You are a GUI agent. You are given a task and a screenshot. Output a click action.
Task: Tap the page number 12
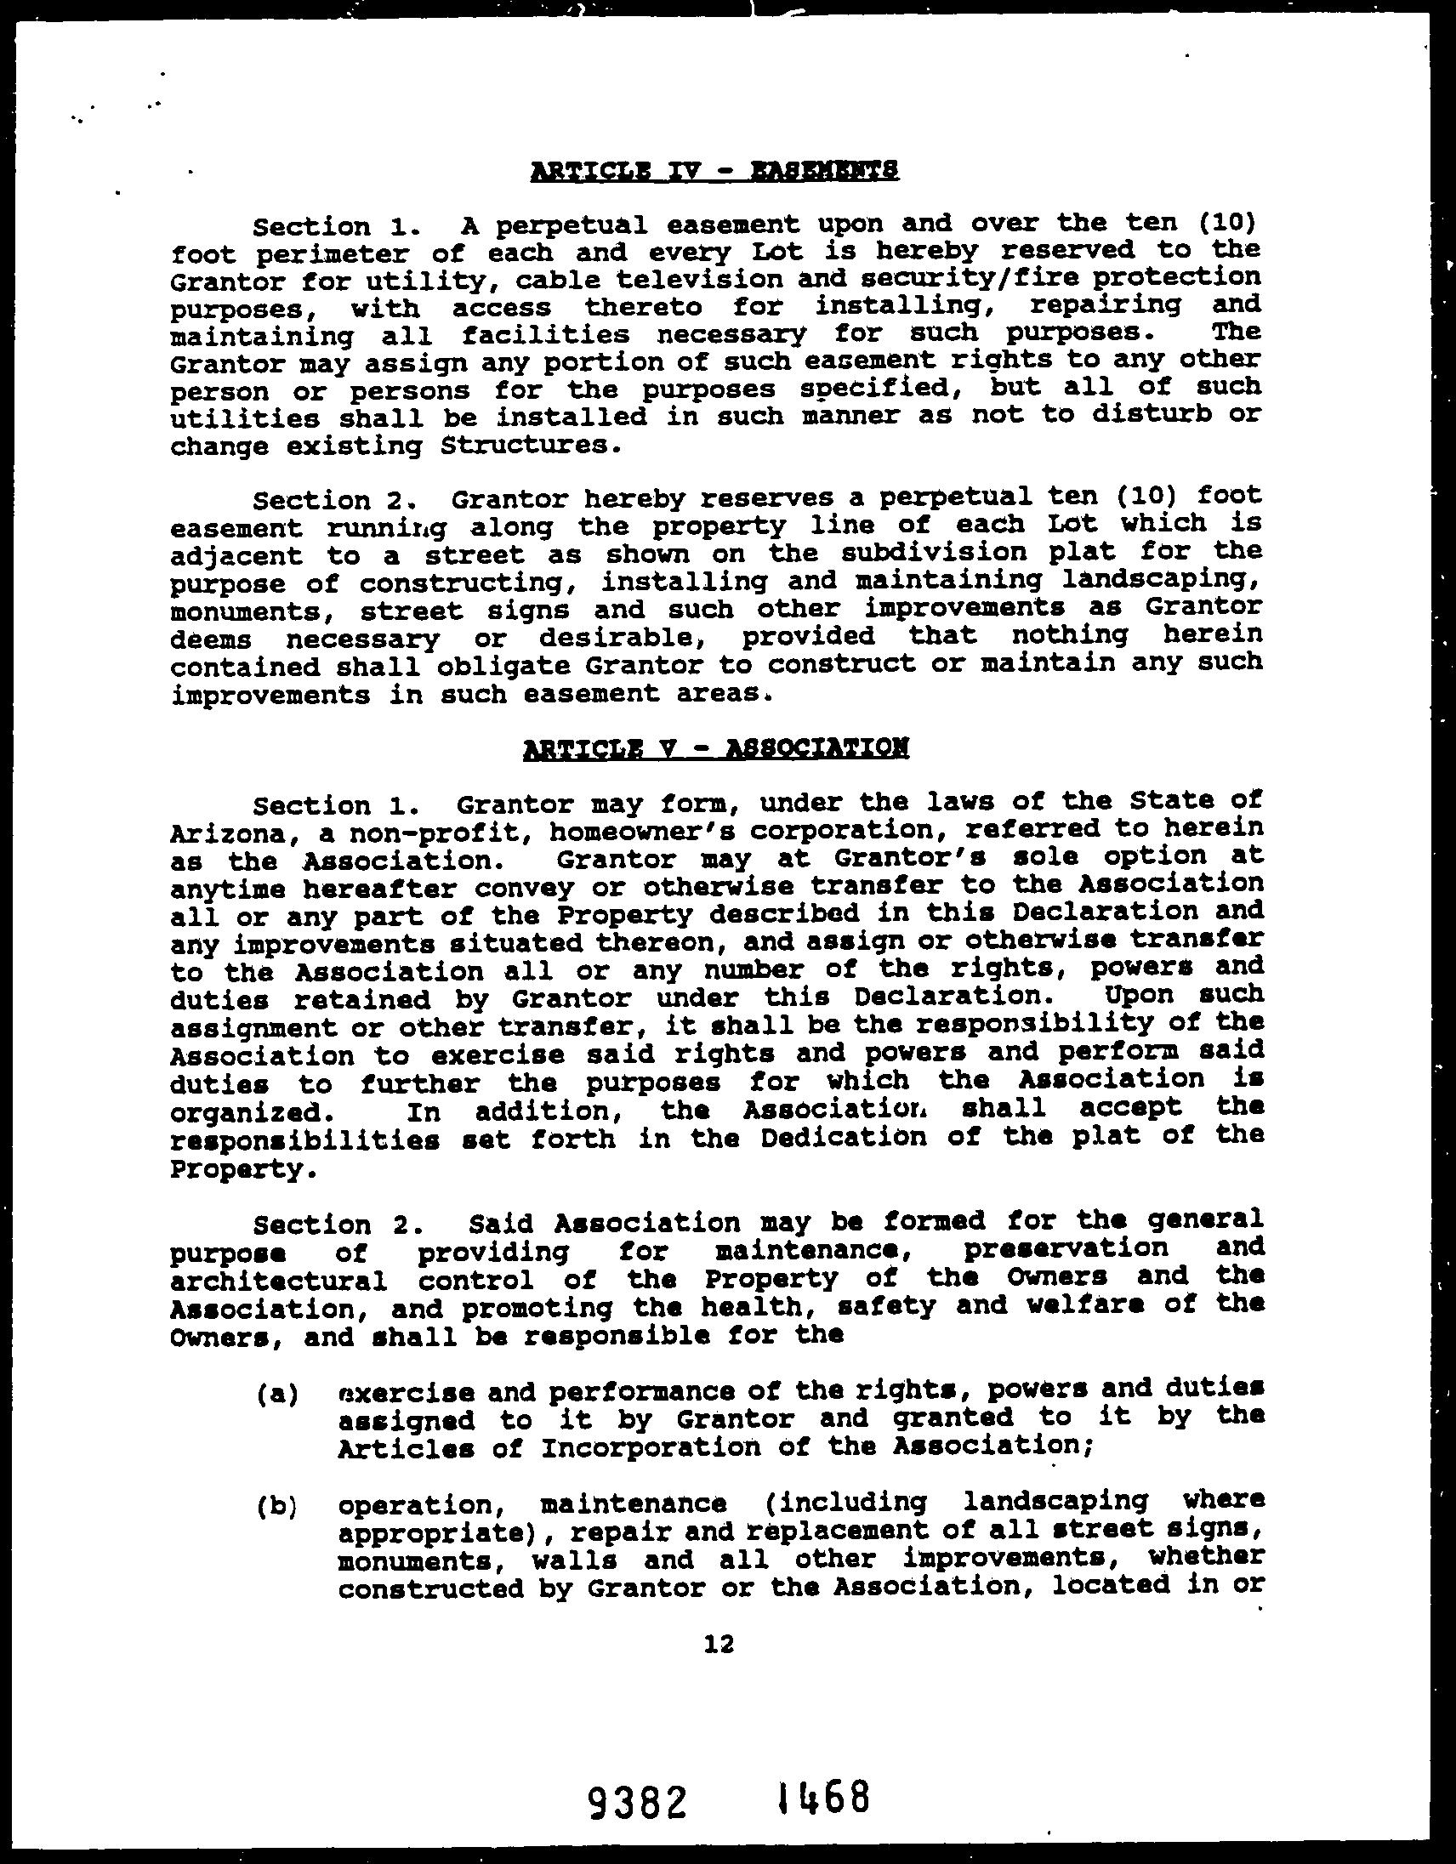(719, 1644)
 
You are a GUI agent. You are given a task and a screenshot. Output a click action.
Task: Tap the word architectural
(278, 1281)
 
